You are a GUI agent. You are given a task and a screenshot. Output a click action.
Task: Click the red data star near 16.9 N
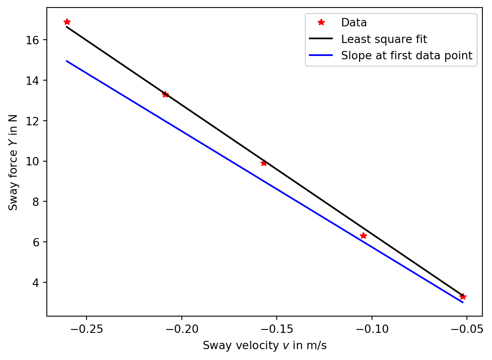(x=67, y=22)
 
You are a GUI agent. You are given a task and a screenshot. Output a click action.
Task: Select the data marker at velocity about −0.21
(x=165, y=94)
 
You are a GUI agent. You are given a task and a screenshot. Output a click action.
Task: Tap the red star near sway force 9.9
(x=264, y=163)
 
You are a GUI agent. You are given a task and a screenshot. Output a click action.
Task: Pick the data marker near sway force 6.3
(x=363, y=236)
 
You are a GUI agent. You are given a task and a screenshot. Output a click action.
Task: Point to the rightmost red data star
(x=462, y=297)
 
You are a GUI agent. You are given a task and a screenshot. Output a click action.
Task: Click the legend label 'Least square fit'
(x=384, y=39)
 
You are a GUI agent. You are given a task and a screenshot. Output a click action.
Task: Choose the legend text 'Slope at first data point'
(x=406, y=56)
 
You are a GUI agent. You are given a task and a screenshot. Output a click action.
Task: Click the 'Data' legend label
(x=354, y=23)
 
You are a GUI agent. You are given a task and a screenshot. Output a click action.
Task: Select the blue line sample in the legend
(x=321, y=56)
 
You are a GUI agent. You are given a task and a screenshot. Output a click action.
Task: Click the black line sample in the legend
(x=321, y=39)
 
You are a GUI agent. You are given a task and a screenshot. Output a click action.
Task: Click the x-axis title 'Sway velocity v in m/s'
(x=264, y=346)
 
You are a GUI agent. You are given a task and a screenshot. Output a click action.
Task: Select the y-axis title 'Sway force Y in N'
(x=13, y=162)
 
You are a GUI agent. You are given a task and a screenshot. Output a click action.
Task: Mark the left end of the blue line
(x=66, y=61)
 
